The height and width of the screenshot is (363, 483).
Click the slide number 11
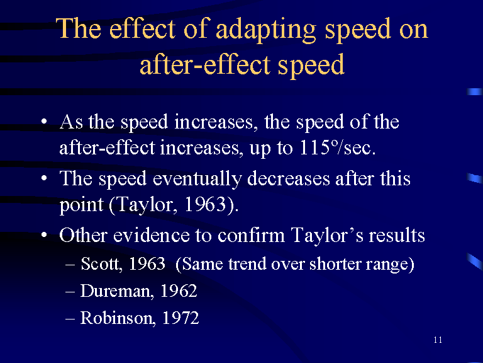pyautogui.click(x=438, y=340)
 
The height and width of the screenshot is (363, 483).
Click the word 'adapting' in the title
pyautogui.click(x=266, y=30)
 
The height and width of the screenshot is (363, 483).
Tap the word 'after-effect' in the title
pyautogui.click(x=205, y=64)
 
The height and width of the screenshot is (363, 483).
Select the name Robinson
pyautogui.click(x=118, y=318)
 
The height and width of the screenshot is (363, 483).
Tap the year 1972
pyautogui.click(x=180, y=318)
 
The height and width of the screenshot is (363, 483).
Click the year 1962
pyautogui.click(x=179, y=291)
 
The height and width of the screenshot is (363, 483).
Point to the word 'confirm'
pyautogui.click(x=251, y=235)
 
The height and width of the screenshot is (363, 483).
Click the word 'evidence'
pyautogui.click(x=151, y=235)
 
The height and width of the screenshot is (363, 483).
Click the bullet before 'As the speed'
pyautogui.click(x=44, y=121)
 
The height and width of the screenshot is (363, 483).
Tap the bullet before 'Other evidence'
pyautogui.click(x=44, y=235)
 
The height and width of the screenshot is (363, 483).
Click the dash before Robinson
pyautogui.click(x=70, y=318)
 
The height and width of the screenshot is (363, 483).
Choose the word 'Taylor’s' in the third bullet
pyautogui.click(x=327, y=236)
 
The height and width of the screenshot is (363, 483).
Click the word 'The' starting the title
pyautogui.click(x=78, y=29)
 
